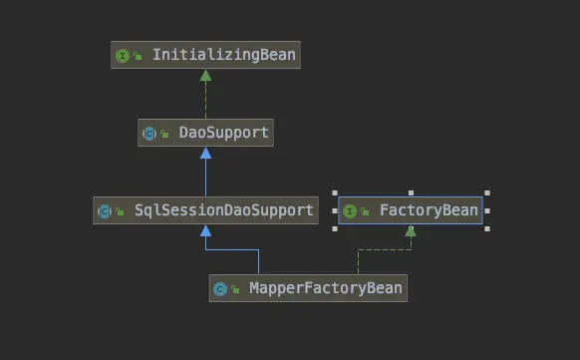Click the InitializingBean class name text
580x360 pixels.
tap(223, 56)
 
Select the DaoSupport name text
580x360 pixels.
tap(223, 133)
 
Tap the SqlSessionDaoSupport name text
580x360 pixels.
tap(224, 210)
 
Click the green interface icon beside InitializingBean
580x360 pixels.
tap(123, 56)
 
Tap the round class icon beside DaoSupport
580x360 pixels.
tap(149, 133)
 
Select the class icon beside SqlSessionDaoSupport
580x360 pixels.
tap(105, 210)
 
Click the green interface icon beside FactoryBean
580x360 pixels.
tap(351, 210)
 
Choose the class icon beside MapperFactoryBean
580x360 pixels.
tap(220, 289)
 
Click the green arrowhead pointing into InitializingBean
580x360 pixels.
tap(205, 76)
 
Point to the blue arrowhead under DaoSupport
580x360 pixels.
tap(205, 153)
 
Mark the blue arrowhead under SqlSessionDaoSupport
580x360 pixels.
tap(205, 230)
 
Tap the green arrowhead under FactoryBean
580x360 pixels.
tap(410, 231)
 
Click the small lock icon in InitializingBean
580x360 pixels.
tap(138, 57)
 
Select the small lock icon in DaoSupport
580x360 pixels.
tap(165, 134)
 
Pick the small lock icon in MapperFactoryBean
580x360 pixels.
tap(236, 290)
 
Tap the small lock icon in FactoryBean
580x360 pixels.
tap(366, 211)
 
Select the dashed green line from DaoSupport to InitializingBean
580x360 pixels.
tap(205, 100)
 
